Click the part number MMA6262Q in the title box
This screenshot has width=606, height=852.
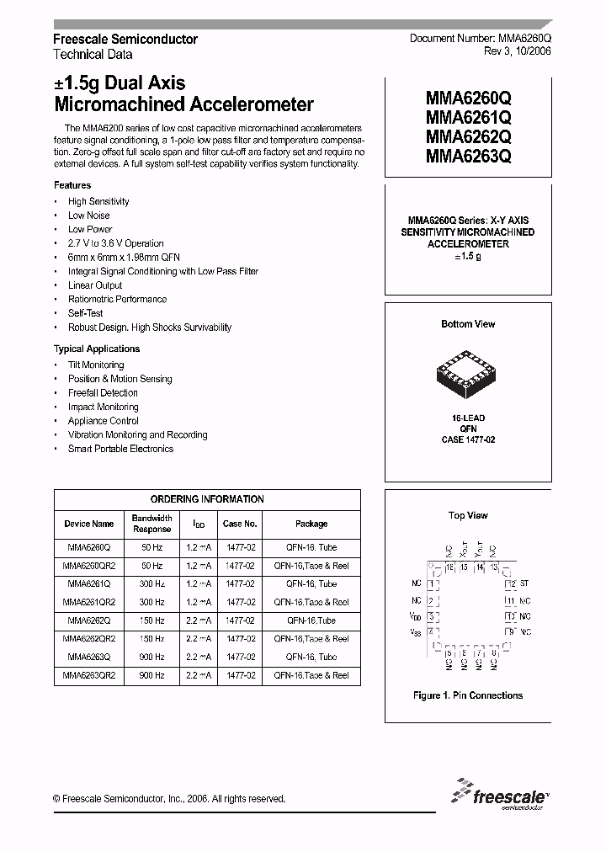point(468,136)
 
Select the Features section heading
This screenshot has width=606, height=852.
point(72,185)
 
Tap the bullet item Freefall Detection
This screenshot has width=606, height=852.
point(103,393)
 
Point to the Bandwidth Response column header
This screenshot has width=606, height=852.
point(151,524)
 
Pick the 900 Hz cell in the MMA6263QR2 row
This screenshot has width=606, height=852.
point(151,675)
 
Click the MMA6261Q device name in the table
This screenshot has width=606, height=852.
point(88,583)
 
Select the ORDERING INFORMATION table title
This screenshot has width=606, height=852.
point(207,499)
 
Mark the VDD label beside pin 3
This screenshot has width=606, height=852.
point(417,616)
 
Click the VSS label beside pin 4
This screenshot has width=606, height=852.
point(417,632)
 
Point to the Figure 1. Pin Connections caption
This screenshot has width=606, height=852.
point(468,695)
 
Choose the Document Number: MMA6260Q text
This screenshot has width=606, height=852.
point(480,39)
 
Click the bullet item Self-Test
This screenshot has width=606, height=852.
point(86,313)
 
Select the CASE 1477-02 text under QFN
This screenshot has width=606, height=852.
point(468,439)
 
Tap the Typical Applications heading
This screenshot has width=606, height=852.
point(97,349)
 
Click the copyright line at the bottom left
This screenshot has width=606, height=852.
point(169,799)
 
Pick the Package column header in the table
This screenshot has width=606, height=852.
point(311,524)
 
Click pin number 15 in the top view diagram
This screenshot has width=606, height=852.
point(464,567)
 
